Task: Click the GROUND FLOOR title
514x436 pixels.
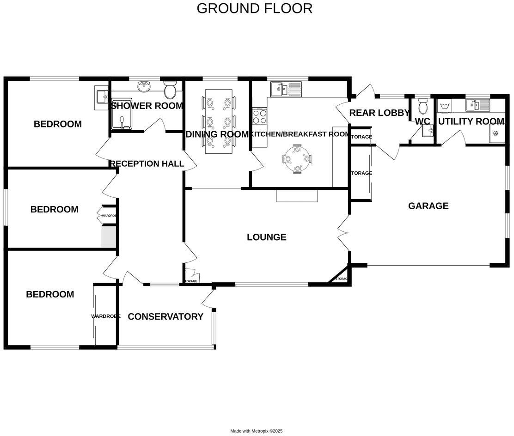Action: pos(254,8)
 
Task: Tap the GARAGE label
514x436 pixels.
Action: pos(428,206)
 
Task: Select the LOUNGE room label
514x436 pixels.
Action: pos(266,237)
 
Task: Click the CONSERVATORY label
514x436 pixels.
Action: pos(165,317)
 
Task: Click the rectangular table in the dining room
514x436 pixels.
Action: pos(219,121)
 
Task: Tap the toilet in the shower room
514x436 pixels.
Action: pos(170,90)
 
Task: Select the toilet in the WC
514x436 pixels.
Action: pos(422,108)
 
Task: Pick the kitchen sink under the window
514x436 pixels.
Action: pos(286,89)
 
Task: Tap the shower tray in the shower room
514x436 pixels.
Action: pos(121,114)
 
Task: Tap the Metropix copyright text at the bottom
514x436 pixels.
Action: pos(256,431)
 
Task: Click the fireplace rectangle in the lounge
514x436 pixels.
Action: pos(297,196)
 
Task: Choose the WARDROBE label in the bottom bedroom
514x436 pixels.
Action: pos(105,316)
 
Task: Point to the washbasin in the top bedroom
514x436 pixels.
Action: pos(101,97)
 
